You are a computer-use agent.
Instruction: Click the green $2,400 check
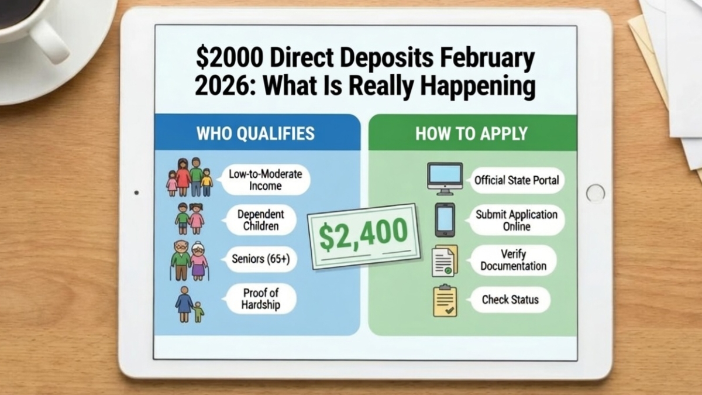pos(363,236)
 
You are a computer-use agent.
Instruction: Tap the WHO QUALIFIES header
pos(256,133)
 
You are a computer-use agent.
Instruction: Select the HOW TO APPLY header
pos(472,133)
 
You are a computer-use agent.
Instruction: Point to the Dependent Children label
pos(260,219)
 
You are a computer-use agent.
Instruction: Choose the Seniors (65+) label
pos(261,259)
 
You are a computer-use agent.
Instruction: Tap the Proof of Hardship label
pos(260,298)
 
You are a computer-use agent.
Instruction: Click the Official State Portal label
pos(517,180)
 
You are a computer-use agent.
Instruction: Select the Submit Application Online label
pos(516,220)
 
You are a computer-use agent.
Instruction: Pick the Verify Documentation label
pos(513,260)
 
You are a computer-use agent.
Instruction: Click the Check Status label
pos(510,300)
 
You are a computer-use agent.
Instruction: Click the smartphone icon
pos(445,219)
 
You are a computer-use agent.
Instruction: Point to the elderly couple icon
pos(190,260)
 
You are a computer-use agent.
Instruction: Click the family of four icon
pos(189,178)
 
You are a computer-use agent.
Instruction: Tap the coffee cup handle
pos(50,41)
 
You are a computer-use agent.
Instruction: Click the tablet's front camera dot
pos(136,193)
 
